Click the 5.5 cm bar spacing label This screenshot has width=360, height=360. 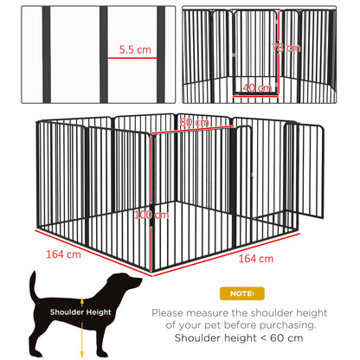coord(134,49)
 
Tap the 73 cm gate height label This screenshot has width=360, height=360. coord(279,47)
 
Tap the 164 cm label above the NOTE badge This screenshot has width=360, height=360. coord(255,258)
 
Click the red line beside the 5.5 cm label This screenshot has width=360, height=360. coord(131,58)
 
